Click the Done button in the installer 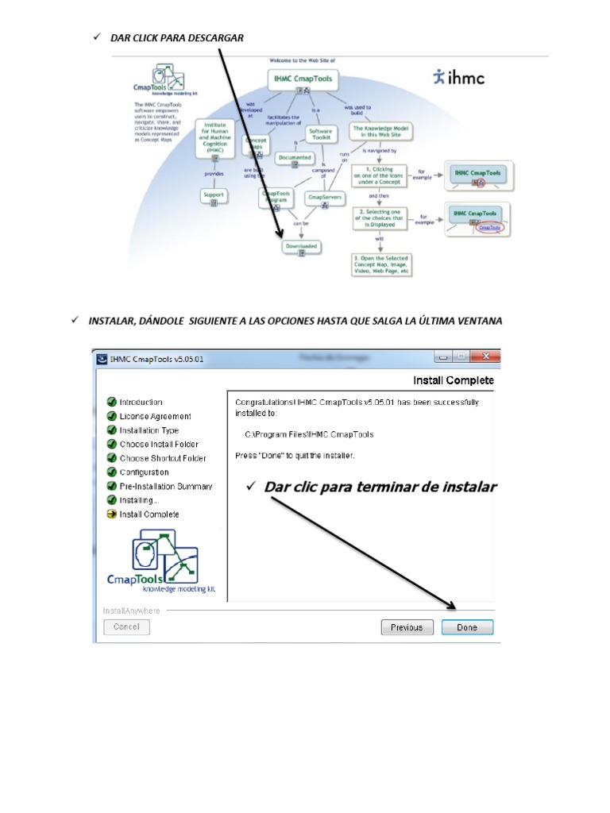point(467,627)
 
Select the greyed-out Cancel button point(126,626)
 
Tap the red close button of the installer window point(486,357)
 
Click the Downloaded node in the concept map point(302,247)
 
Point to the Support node point(214,195)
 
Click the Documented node point(295,157)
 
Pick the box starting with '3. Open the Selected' point(382,265)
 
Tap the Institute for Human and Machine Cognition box point(215,137)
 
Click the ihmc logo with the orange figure point(458,77)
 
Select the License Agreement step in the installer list point(155,416)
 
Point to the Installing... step point(139,500)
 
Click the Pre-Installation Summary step point(165,486)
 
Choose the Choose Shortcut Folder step point(163,458)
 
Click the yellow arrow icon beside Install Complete point(112,514)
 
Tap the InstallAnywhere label point(132,611)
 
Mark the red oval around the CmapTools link point(490,227)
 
